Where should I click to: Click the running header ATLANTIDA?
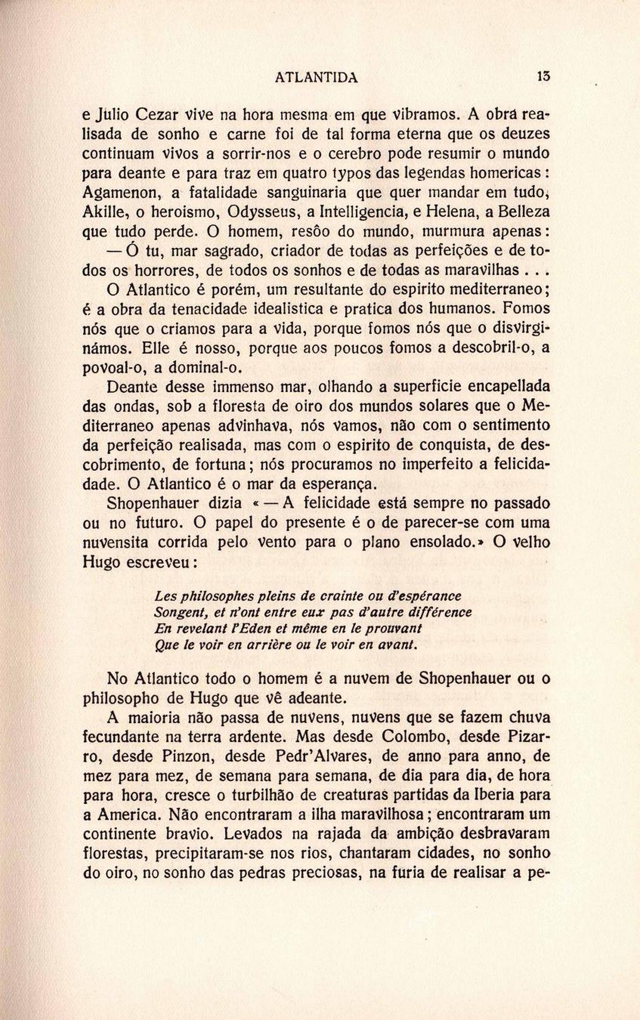[x=316, y=77]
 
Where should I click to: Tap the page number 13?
[x=544, y=76]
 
